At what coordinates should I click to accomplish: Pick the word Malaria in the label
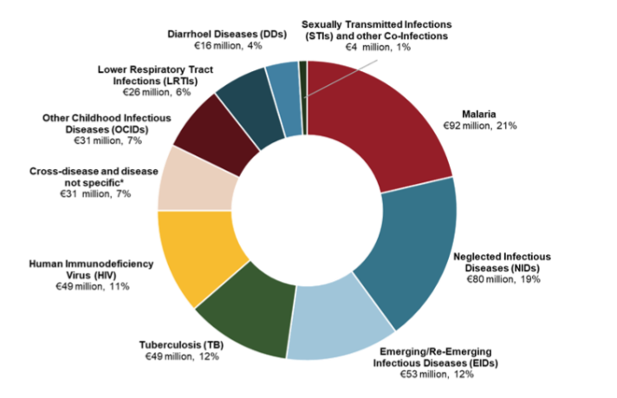point(485,114)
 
